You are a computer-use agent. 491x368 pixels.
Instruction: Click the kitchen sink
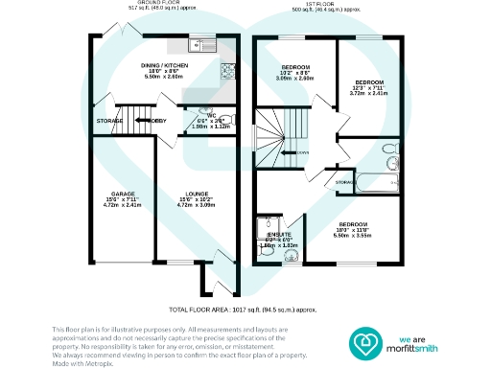(x=202, y=44)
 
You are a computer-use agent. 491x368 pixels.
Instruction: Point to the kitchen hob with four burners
(x=228, y=70)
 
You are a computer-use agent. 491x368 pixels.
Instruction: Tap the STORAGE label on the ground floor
(x=109, y=121)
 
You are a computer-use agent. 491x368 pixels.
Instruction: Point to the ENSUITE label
(x=280, y=235)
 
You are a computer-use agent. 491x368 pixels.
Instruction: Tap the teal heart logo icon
(x=365, y=340)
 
